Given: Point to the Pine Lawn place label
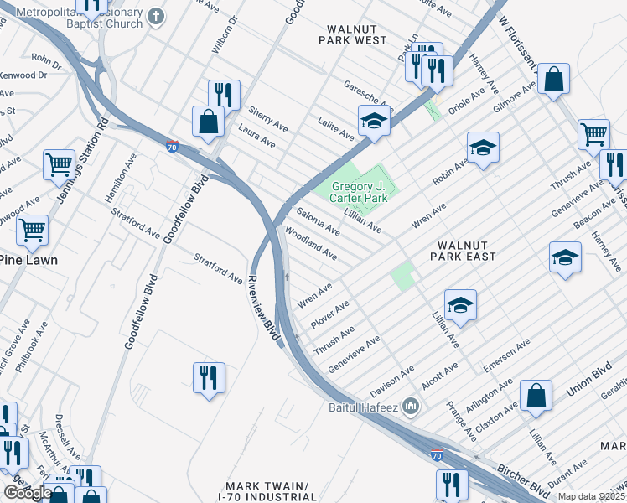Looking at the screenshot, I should (28, 260).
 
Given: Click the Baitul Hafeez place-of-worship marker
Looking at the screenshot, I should (411, 407).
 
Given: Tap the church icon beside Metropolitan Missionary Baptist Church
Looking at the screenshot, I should (155, 16).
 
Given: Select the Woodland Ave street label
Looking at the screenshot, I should (311, 243).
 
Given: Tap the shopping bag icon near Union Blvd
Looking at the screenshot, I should (536, 397).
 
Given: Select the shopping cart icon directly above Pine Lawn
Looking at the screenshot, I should (33, 228).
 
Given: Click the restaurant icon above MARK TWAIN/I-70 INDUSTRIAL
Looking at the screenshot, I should (209, 376).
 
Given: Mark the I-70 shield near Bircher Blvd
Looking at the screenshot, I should (436, 455).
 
